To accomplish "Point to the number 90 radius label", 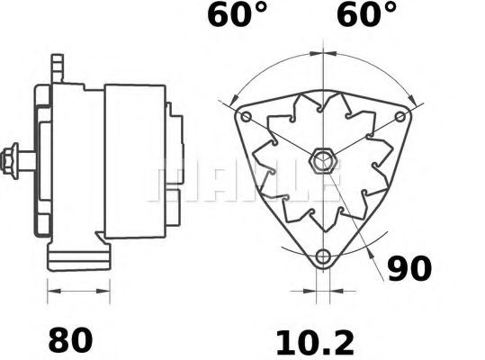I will point(409,267).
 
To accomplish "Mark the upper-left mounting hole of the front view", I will point(247,117).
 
